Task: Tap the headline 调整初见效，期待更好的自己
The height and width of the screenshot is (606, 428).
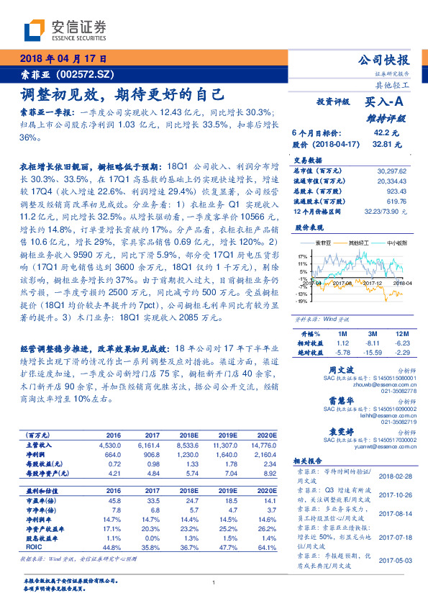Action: (122, 94)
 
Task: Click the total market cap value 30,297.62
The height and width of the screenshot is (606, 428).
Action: (391, 171)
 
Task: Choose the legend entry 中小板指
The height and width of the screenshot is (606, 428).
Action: (396, 243)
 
